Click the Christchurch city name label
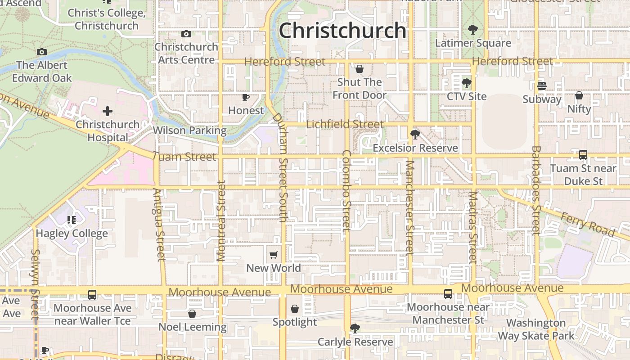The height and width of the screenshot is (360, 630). tap(342, 31)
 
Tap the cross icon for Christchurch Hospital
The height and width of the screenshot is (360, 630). tap(107, 111)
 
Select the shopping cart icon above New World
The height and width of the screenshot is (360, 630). tap(273, 255)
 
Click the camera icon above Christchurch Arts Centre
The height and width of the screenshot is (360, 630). tap(186, 34)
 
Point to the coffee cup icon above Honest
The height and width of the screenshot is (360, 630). tap(246, 97)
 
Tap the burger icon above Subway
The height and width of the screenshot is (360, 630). tap(542, 86)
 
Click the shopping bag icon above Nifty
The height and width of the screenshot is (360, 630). tap(579, 95)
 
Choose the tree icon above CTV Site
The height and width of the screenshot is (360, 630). tap(467, 83)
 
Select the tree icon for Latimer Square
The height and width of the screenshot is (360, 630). tap(472, 30)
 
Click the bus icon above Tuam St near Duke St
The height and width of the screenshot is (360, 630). tap(583, 155)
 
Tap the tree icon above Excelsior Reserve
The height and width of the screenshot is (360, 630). tap(415, 135)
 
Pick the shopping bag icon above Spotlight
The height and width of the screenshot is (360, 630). tap(295, 309)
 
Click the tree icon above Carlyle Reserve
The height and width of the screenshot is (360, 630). tap(355, 328)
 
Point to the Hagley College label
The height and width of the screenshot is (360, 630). tap(72, 234)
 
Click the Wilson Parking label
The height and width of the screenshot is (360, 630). tap(189, 130)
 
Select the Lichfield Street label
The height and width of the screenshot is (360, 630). tap(345, 124)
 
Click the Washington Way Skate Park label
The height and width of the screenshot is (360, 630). tap(536, 329)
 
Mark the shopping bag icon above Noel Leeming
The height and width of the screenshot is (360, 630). tap(192, 314)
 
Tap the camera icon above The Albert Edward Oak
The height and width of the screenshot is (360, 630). tap(42, 52)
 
